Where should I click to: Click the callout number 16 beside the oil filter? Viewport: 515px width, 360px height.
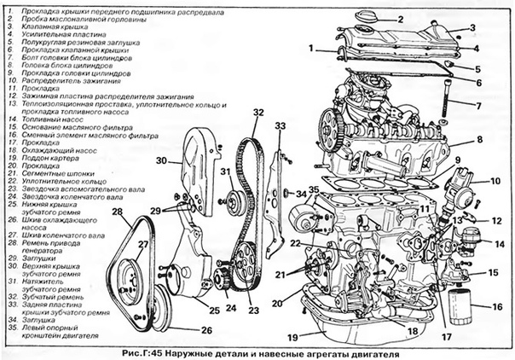pyautogui.click(x=498, y=305)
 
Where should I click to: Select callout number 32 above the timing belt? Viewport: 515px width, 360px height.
pyautogui.click(x=257, y=112)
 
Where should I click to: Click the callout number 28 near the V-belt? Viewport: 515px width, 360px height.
pyautogui.click(x=117, y=212)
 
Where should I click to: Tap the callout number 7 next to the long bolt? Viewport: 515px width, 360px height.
pyautogui.click(x=478, y=105)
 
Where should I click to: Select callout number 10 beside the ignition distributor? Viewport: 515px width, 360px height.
pyautogui.click(x=495, y=181)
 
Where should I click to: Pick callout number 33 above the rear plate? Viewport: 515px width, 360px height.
pyautogui.click(x=280, y=126)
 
